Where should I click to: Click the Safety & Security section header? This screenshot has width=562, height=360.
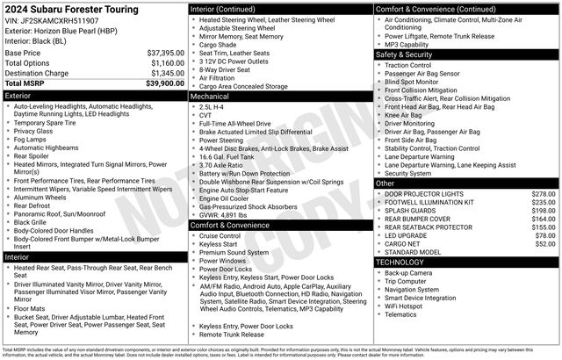[407, 54]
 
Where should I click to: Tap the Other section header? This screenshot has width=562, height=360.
[385, 184]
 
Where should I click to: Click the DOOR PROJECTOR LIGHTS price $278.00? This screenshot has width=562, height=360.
[544, 193]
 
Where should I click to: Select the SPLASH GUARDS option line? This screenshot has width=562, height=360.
[413, 211]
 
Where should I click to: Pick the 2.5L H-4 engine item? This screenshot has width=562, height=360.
[214, 105]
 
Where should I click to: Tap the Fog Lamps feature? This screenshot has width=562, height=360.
[30, 140]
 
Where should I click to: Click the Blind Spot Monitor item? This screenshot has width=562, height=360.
[416, 83]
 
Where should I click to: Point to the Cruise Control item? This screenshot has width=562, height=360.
[220, 236]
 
